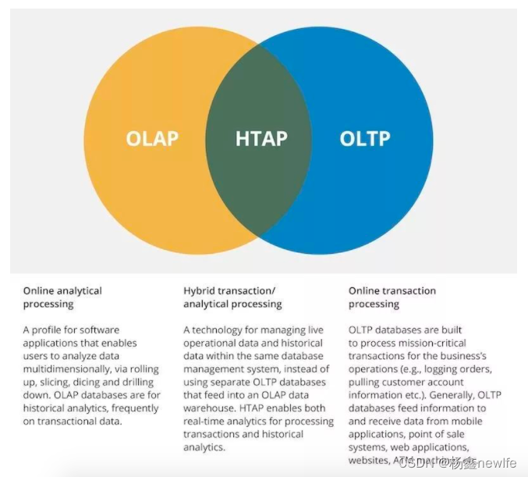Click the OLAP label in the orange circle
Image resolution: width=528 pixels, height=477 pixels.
click(x=152, y=139)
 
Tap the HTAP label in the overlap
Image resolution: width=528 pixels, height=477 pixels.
click(x=261, y=139)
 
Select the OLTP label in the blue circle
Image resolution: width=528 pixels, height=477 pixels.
click(x=365, y=139)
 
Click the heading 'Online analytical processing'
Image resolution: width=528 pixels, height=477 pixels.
click(x=62, y=297)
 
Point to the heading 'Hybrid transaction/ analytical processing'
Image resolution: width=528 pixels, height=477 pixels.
click(x=232, y=297)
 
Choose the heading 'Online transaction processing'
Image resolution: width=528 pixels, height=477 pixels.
click(x=392, y=297)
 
